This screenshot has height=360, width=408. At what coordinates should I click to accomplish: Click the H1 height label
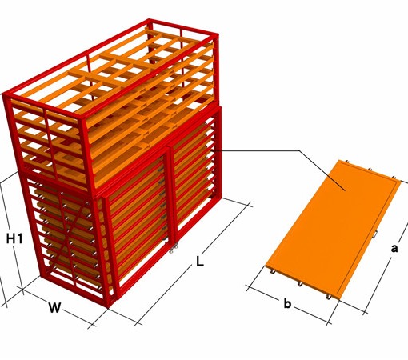[x=14, y=238]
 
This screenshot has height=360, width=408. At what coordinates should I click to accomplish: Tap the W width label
[x=54, y=307]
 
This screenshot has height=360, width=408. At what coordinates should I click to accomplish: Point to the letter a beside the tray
[x=394, y=248]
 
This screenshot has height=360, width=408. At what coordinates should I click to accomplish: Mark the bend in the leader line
[x=299, y=150]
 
